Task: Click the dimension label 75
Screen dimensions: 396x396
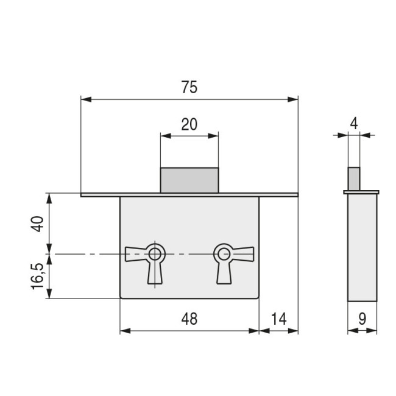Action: pyautogui.click(x=189, y=87)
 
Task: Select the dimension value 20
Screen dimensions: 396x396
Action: pyautogui.click(x=189, y=124)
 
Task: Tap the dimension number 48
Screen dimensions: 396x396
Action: pyautogui.click(x=189, y=319)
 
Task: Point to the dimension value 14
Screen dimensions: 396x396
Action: pyautogui.click(x=278, y=319)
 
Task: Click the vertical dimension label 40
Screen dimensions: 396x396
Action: pyautogui.click(x=37, y=224)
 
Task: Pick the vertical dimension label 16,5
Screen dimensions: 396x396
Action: pyautogui.click(x=37, y=276)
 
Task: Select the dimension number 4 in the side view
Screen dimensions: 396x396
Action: pyautogui.click(x=354, y=124)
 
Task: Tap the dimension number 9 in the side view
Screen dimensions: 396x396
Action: pyautogui.click(x=362, y=319)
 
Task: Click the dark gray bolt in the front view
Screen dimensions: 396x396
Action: pyautogui.click(x=189, y=180)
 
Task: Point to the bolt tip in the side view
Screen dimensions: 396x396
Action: pyautogui.click(x=354, y=179)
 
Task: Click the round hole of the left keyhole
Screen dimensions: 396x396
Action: pyautogui.click(x=155, y=254)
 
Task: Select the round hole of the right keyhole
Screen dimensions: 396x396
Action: pyautogui.click(x=224, y=254)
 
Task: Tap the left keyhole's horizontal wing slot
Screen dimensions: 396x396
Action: pyautogui.click(x=136, y=254)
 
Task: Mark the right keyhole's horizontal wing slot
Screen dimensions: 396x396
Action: pyautogui.click(x=242, y=254)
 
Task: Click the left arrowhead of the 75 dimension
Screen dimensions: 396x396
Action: pyautogui.click(x=86, y=99)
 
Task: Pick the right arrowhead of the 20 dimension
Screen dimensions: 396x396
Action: pyautogui.click(x=213, y=136)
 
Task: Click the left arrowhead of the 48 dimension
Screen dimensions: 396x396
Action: pyautogui.click(x=126, y=331)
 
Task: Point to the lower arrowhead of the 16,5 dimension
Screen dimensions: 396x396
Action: pyautogui.click(x=49, y=294)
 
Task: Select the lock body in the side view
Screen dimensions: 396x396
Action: pyautogui.click(x=362, y=247)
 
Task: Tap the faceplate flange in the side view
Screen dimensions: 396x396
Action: pyautogui.click(x=361, y=192)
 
